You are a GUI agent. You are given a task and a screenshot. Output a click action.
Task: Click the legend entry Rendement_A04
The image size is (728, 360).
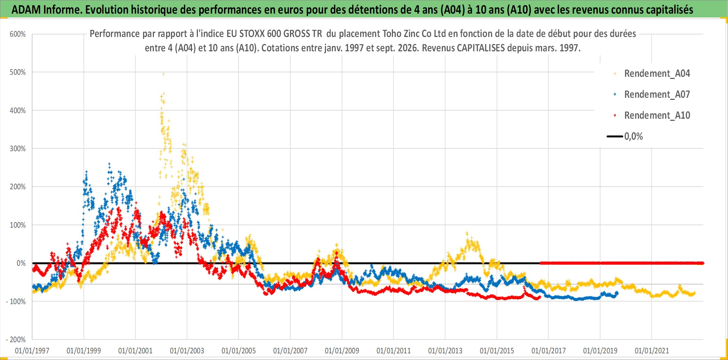click(657, 73)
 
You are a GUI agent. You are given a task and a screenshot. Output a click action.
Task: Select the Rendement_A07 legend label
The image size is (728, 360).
click(657, 94)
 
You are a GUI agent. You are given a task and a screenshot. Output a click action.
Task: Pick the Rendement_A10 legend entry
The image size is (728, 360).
click(657, 115)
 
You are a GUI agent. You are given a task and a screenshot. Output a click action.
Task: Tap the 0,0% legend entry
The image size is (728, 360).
click(633, 136)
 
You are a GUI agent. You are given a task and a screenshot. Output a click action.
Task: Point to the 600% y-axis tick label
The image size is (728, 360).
click(18, 34)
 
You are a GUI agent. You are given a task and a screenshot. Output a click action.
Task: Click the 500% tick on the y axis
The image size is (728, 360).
click(18, 72)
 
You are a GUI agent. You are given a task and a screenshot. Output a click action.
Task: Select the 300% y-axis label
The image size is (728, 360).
click(18, 148)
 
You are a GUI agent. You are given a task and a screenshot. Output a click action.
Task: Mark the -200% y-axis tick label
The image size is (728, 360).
click(16, 339)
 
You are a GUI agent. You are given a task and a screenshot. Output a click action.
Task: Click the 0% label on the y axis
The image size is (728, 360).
click(21, 263)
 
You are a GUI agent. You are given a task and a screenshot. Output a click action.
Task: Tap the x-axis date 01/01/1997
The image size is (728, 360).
click(32, 351)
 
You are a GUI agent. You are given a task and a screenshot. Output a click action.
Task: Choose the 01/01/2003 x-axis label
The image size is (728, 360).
click(187, 351)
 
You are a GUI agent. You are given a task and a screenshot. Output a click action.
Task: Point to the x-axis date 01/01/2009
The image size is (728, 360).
click(342, 351)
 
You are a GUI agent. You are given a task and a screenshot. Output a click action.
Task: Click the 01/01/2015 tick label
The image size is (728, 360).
click(497, 351)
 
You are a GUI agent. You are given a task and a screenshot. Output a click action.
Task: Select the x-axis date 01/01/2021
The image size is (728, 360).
click(652, 351)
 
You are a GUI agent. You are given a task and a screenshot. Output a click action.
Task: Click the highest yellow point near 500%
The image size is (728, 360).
click(163, 74)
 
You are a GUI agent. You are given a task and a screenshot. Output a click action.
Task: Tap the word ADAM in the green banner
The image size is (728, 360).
click(26, 10)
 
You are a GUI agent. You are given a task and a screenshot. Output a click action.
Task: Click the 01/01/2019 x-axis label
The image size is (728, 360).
click(600, 351)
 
